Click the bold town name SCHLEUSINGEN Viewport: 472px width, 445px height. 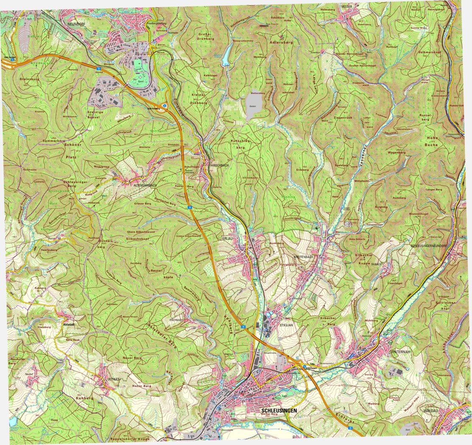pos(279,411)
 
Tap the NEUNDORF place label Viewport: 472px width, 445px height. pos(76,25)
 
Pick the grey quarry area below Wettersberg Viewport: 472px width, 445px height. pos(253,106)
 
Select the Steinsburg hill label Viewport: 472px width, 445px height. pos(29,79)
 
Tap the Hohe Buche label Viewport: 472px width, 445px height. pos(432,141)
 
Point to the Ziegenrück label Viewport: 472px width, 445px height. pos(344,117)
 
